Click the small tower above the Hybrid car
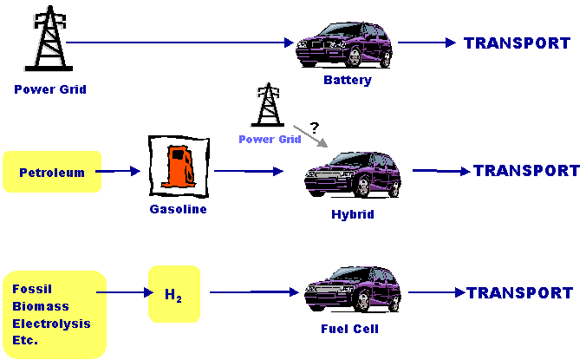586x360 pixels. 269,106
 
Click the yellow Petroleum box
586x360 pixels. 52,172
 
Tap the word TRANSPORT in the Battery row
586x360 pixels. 518,43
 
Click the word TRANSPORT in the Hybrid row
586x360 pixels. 526,171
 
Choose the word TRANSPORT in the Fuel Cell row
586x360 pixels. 520,293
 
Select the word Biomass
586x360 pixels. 40,305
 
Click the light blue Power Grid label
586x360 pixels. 270,139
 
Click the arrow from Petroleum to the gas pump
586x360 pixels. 116,172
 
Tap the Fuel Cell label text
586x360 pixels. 350,329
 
